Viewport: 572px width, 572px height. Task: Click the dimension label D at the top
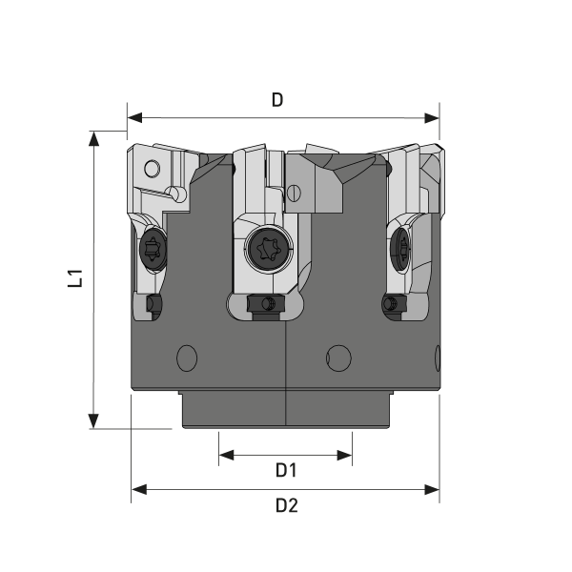click(x=277, y=100)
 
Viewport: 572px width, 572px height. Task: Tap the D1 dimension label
click(x=286, y=470)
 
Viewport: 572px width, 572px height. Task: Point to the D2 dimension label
click(x=286, y=505)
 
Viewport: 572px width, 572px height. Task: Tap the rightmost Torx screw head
click(x=399, y=252)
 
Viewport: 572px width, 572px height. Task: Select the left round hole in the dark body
click(x=187, y=359)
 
